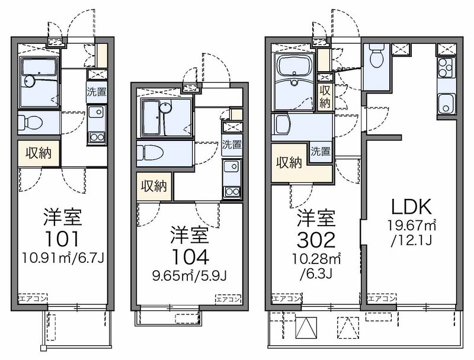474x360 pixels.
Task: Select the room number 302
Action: coord(316,238)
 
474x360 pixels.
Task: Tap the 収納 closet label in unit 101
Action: coord(38,153)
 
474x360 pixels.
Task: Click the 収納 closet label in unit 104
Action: coord(153,185)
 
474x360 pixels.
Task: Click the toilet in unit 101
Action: coord(31,123)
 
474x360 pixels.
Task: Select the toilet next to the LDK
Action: coord(376,58)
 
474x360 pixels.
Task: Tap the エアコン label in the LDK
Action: coord(380,298)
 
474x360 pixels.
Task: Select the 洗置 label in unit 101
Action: coord(97,92)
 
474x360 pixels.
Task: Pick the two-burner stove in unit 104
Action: coord(232,192)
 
